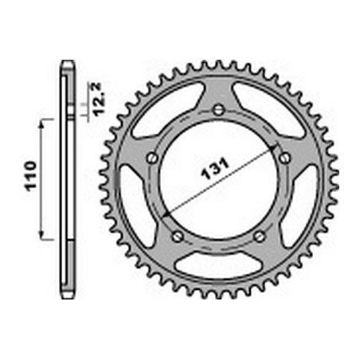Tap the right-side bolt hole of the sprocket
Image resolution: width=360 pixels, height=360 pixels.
pos(285,158)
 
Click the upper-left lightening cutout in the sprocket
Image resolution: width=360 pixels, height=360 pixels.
pos(166,108)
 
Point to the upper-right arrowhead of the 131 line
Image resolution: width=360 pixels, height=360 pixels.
pos(276,146)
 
